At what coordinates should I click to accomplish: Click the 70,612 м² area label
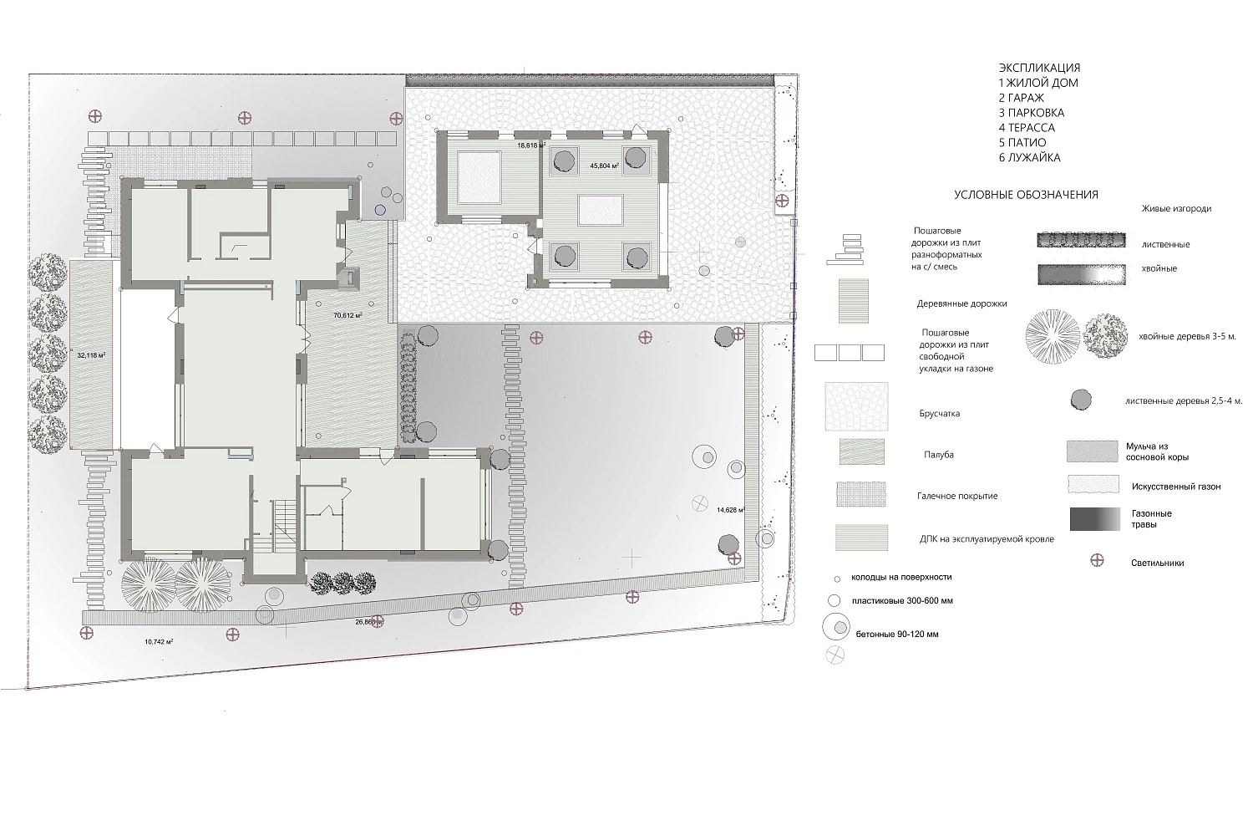pos(348,315)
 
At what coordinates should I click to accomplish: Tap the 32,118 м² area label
pos(91,355)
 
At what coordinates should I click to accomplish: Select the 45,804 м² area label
pos(605,166)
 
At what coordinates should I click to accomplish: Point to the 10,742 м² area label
pos(159,642)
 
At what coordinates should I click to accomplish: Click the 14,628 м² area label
pos(731,510)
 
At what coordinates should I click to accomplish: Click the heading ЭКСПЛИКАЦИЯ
pos(1039,68)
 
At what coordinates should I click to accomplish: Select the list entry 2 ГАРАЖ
pos(1022,98)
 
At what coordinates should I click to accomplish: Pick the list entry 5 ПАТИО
pos(1022,142)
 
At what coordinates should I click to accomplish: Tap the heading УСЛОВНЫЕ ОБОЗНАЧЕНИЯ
pos(1026,195)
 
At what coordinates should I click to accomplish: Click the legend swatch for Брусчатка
pos(856,406)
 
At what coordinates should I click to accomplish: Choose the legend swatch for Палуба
pos(862,452)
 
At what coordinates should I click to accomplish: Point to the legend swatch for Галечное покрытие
pos(861,494)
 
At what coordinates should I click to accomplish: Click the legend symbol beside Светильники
pos(1098,560)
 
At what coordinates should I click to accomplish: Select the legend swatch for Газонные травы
pos(1095,519)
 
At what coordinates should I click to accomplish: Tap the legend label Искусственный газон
pos(1176,487)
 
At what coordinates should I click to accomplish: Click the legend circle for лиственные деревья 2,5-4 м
pos(1081,400)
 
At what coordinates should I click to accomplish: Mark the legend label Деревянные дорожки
pos(961,303)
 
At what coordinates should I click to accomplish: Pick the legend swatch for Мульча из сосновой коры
pos(1093,451)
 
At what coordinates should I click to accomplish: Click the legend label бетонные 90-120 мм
pos(897,634)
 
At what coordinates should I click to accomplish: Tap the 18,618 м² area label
pos(531,145)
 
